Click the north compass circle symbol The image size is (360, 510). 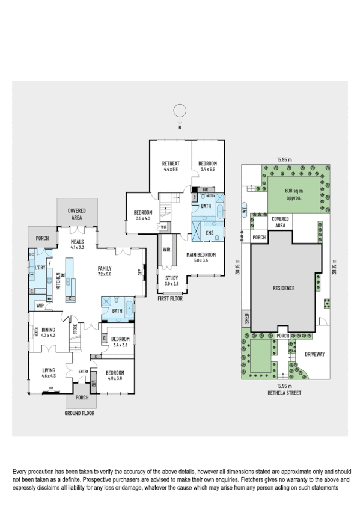coord(179,110)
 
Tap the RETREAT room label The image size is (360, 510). coord(171,164)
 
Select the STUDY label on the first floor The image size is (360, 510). coord(172,277)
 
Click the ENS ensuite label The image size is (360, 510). coord(210,232)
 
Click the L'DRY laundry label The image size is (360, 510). coord(40,267)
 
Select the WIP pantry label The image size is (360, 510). coord(40,305)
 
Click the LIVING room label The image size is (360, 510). coord(49,370)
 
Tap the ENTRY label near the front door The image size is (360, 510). coord(83,372)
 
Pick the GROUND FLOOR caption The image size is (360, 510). coord(81,414)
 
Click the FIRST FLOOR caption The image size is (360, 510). coord(169,298)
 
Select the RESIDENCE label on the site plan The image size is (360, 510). coord(282,289)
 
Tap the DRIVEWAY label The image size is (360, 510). coord(314,354)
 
